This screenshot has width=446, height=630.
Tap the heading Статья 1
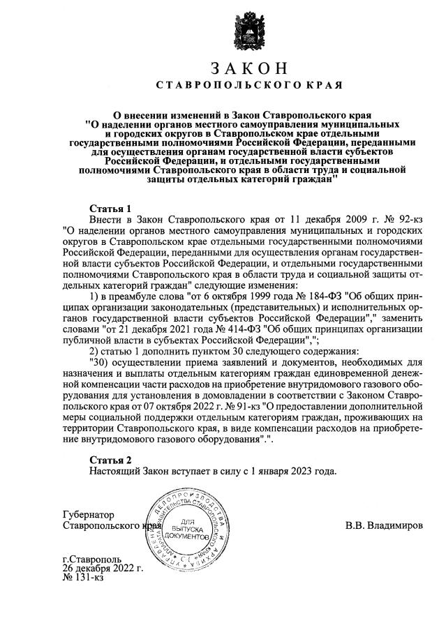[x=111, y=209]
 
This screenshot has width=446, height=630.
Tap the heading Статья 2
[x=111, y=460]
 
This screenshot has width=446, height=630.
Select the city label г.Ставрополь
[x=91, y=560]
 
